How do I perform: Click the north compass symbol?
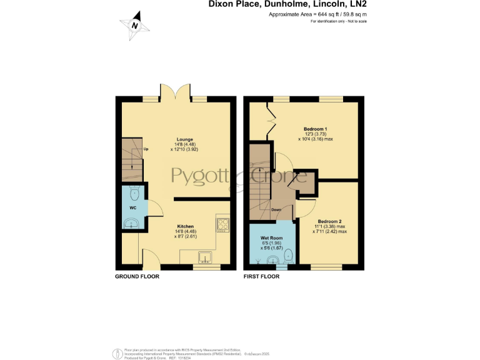point(135,24)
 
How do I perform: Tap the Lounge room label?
point(184,139)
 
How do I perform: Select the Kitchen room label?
point(185,226)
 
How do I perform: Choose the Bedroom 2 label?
point(329,221)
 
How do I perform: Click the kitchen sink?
point(205,256)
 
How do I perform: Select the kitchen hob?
point(223,223)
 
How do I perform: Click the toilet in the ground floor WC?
point(135,192)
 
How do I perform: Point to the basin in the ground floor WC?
point(132,223)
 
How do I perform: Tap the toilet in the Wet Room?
point(288,254)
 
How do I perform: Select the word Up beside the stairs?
point(146,149)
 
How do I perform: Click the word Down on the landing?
point(276,209)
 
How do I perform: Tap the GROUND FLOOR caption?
point(136,276)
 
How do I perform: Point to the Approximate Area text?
point(317,13)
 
